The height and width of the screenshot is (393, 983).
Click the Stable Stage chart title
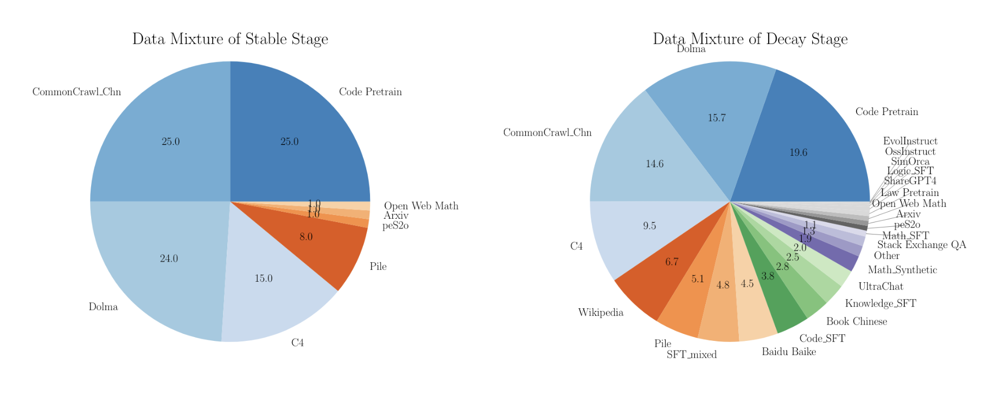pos(230,39)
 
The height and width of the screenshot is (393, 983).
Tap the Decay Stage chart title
pos(750,39)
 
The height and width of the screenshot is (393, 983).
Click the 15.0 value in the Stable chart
pos(264,278)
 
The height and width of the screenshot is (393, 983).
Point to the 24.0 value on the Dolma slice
pos(169,258)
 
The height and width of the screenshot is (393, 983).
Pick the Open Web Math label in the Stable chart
pos(421,206)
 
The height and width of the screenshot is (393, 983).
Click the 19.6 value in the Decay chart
pos(799,153)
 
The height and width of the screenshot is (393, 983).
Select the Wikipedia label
pos(601,313)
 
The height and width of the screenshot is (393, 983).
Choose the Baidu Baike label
pos(789,352)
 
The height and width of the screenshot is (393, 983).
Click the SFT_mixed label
pos(692,355)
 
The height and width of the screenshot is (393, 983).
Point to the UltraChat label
pos(881,286)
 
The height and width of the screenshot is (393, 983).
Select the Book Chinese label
pos(857,321)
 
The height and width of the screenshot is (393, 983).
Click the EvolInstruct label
pos(910,141)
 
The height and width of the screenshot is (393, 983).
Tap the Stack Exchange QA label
pos(922,245)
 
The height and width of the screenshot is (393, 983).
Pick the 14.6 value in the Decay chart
pos(655,164)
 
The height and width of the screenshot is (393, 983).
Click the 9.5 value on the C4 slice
pos(649,226)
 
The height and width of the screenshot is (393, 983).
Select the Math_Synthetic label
pos(902,270)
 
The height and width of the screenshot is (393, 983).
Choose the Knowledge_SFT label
pos(880,303)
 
